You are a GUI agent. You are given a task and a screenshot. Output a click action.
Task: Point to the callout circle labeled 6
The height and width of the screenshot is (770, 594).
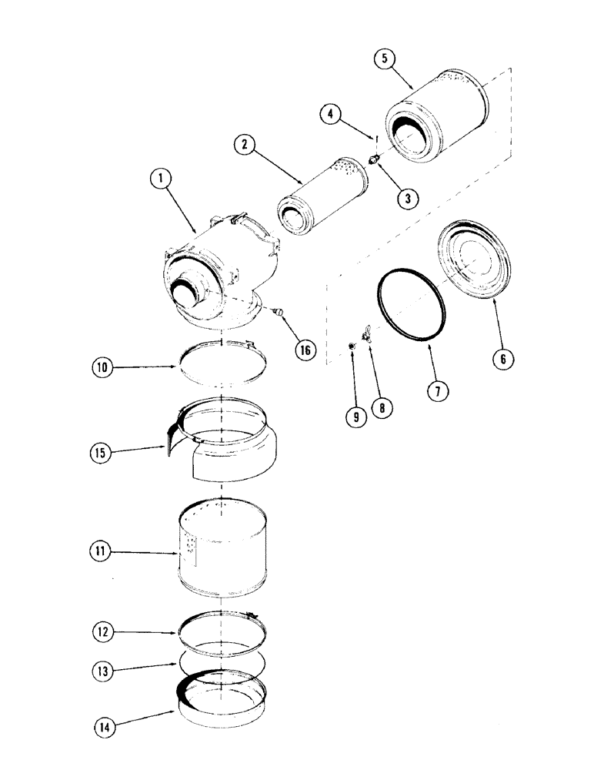(501, 358)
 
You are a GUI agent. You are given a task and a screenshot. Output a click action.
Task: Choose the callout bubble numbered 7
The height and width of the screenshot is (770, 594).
(435, 391)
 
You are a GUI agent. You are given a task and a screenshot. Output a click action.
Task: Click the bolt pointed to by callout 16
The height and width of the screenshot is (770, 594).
(279, 310)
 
